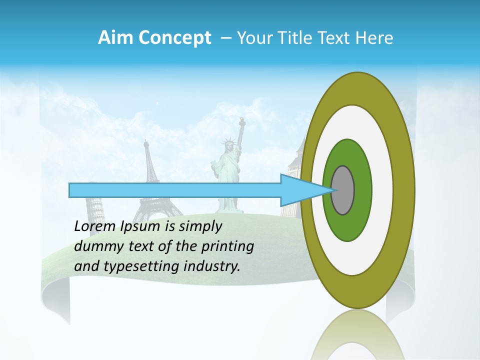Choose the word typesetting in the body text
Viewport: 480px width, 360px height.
coord(144,266)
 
